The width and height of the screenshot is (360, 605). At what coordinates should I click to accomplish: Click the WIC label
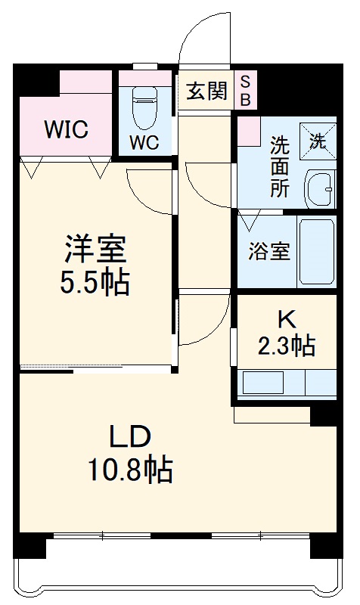(66, 129)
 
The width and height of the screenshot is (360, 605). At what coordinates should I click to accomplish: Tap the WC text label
(143, 142)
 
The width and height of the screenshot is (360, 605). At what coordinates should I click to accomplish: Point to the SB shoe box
(247, 90)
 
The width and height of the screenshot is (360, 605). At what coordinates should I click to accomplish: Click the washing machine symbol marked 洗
(318, 140)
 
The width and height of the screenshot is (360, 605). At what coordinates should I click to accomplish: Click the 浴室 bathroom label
(269, 252)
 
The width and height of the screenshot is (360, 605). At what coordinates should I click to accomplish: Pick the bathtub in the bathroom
(317, 250)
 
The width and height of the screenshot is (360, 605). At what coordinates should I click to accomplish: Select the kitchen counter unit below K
(287, 383)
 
